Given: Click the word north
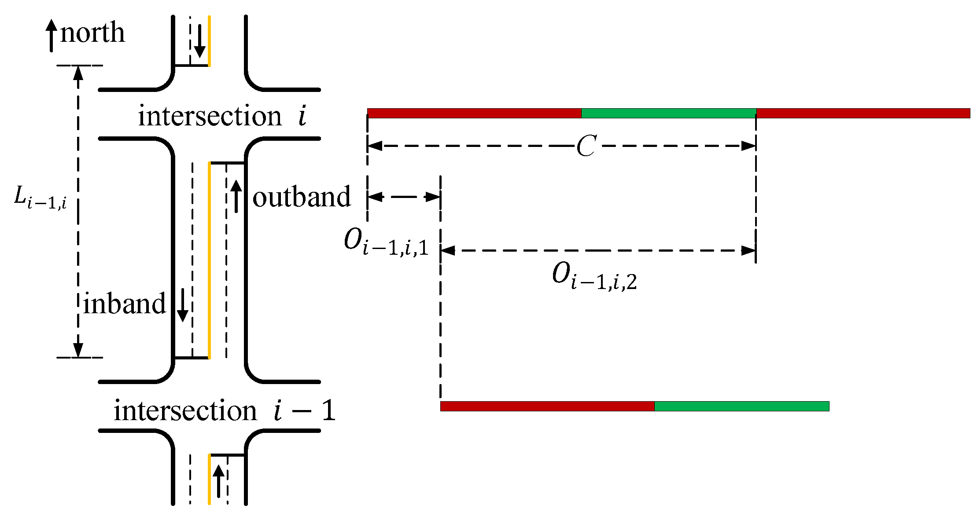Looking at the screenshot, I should [x=92, y=33].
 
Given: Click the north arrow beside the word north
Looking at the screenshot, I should [x=52, y=35].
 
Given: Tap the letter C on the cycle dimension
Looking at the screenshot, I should [x=586, y=146].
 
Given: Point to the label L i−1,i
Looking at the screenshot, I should [x=40, y=197].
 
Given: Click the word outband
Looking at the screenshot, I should [x=301, y=197].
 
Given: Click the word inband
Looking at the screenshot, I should [x=125, y=304].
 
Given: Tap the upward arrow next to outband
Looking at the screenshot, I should [x=236, y=196].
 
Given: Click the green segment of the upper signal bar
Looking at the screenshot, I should [x=668, y=113].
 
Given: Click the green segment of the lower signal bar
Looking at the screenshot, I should [x=741, y=406].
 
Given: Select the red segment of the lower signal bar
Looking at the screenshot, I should [x=547, y=406].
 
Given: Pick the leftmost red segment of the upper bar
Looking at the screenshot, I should [x=474, y=113].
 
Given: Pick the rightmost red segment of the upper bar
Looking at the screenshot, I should [x=863, y=113].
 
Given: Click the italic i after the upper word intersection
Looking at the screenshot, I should [x=302, y=117].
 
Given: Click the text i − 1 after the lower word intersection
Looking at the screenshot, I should [x=304, y=411].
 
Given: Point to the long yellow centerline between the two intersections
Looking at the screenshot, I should [x=209, y=260].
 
